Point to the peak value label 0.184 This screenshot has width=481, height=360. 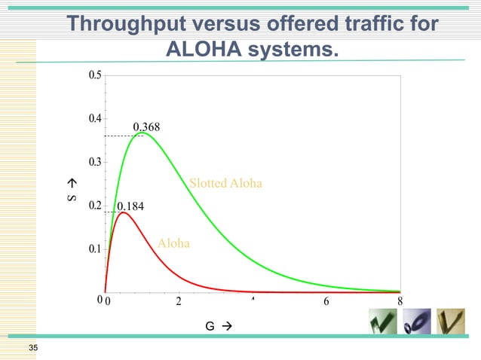click(130, 206)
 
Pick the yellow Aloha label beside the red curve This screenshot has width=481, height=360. click(173, 243)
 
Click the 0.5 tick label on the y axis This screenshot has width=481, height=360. click(94, 75)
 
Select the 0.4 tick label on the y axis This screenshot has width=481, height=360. click(94, 118)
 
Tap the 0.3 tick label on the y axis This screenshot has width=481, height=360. click(94, 162)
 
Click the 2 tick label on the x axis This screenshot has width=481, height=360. click(179, 302)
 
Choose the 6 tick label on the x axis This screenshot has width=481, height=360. click(326, 302)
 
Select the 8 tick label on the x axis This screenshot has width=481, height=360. click(400, 302)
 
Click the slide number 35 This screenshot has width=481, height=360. click(32, 347)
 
